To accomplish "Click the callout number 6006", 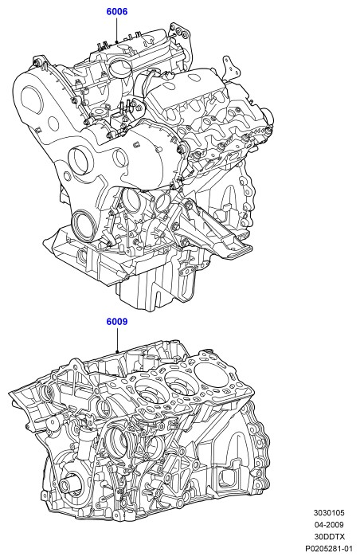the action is (117, 12).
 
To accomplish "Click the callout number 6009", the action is (117, 322).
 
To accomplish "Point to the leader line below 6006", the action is (117, 30).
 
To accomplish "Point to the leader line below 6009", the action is (117, 340).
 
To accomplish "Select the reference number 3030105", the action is (329, 513).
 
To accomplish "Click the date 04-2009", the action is (329, 525).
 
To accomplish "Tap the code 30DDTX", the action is (329, 536).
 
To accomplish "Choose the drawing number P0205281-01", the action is (328, 548).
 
